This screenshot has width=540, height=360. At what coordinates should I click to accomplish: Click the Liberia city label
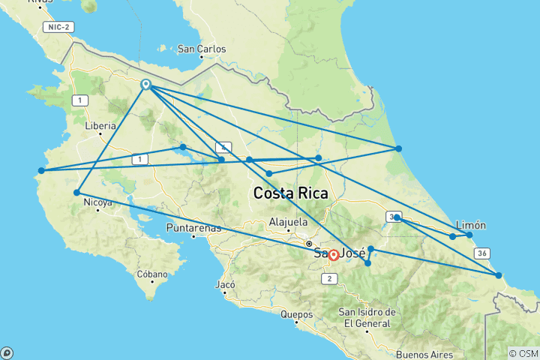click(100, 126)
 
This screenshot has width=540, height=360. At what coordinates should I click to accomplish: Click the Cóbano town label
click(152, 274)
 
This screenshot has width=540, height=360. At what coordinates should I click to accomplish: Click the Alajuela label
click(288, 222)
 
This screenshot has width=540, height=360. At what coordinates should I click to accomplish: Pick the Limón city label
click(471, 225)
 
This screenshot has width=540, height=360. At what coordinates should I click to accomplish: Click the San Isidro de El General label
click(364, 317)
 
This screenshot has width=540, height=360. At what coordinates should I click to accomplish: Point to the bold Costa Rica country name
click(290, 193)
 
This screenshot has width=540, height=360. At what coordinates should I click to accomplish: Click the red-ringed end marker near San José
click(334, 255)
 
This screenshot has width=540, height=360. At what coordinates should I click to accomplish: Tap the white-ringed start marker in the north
click(146, 85)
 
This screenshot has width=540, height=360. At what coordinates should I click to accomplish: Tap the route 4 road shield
click(222, 147)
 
